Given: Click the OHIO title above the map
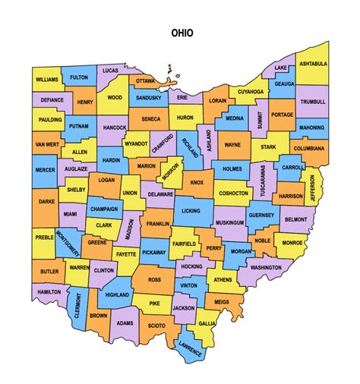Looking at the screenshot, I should tap(182, 33).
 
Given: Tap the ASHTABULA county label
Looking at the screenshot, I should tap(311, 64).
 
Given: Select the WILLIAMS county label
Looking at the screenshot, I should tap(46, 79).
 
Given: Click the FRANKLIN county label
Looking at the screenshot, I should tap(158, 224).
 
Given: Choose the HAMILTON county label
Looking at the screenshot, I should tap(49, 291).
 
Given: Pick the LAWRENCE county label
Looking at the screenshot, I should tap(191, 351).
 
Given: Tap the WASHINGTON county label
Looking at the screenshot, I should tap(265, 268).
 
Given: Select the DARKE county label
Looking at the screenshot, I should tap(46, 202).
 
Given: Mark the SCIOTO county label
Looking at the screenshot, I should tap(157, 327).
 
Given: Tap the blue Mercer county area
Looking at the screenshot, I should tap(46, 171).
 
